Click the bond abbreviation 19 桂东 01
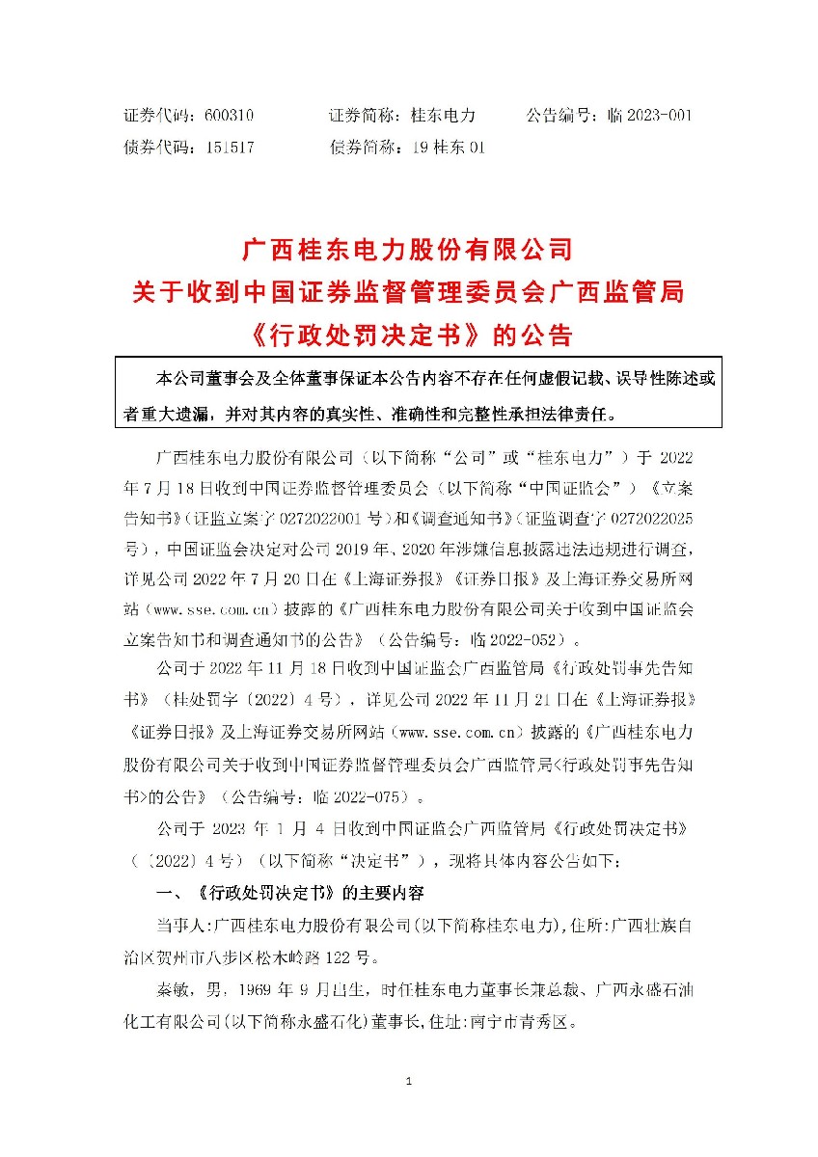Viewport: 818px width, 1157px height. click(x=448, y=148)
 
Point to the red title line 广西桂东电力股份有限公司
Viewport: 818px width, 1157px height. click(x=409, y=251)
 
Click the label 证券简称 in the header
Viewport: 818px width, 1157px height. click(x=358, y=115)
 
